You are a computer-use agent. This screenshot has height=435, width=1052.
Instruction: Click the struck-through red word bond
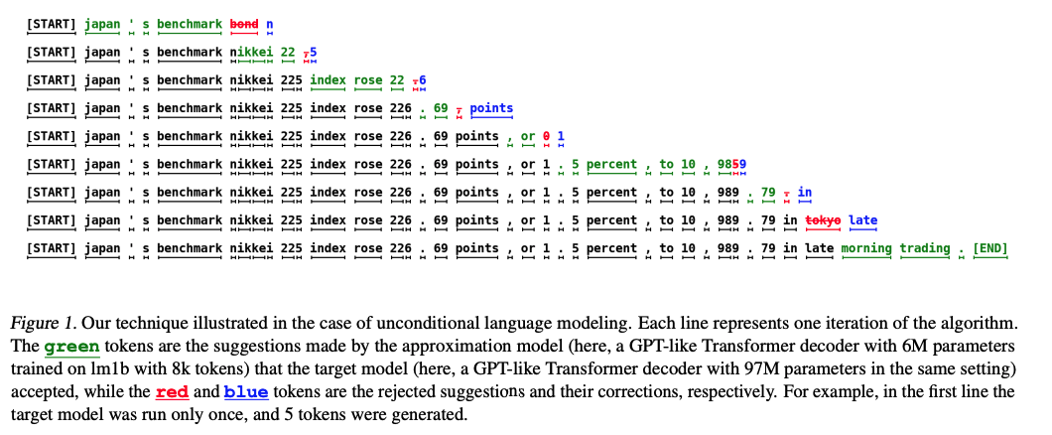click(244, 24)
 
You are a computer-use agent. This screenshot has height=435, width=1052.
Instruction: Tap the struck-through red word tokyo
click(823, 219)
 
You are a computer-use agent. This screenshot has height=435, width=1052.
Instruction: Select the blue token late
click(863, 219)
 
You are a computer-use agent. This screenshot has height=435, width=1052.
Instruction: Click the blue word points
click(491, 108)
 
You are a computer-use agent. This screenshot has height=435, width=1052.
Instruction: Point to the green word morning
click(865, 248)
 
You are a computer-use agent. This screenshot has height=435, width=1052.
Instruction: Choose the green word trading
click(925, 248)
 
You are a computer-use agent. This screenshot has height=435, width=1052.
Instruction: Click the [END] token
click(989, 248)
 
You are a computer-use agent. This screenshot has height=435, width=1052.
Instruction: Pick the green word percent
click(611, 164)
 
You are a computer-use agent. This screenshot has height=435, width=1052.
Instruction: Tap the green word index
click(328, 80)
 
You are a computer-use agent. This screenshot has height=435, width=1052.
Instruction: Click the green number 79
click(767, 192)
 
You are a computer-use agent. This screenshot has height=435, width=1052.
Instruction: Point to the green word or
click(528, 136)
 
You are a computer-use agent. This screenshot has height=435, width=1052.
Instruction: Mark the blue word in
click(805, 192)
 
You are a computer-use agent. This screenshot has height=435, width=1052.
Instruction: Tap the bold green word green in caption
click(71, 348)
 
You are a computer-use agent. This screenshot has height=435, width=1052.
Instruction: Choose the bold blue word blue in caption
click(245, 391)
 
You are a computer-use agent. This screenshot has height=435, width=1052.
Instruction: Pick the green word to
click(666, 164)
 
